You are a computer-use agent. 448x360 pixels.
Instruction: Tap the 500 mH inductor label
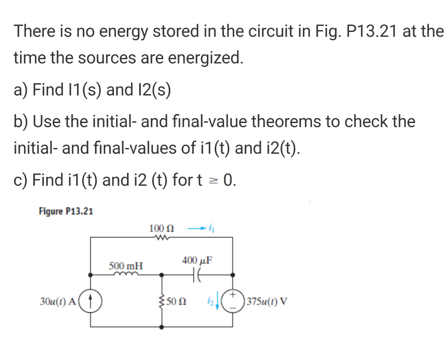(x=126, y=266)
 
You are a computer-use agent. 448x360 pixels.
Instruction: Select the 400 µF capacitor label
(x=197, y=260)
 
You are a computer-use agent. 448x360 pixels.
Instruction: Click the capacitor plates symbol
(x=197, y=275)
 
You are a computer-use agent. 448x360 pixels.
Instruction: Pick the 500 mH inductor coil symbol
(x=126, y=275)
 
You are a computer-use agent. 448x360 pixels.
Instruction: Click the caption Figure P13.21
(x=66, y=212)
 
